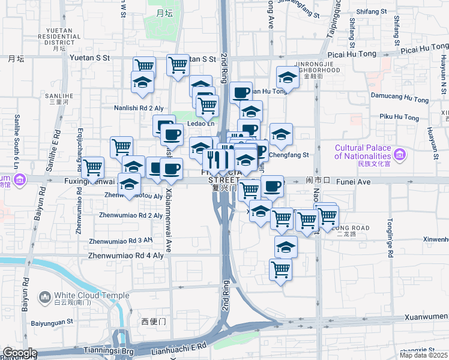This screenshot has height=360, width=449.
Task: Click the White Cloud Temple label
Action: [91, 295]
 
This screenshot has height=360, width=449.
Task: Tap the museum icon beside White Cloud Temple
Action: [45, 297]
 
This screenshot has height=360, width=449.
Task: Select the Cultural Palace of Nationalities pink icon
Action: [400, 155]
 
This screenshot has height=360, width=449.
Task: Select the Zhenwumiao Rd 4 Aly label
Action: [125, 255]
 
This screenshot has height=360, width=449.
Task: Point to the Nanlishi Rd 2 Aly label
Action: [139, 108]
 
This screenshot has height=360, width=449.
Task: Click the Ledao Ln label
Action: [200, 124]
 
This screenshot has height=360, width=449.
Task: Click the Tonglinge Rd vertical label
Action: [390, 238]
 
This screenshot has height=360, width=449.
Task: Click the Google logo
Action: [20, 353]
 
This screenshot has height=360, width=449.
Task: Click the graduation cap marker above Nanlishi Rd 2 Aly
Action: [143, 82]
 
